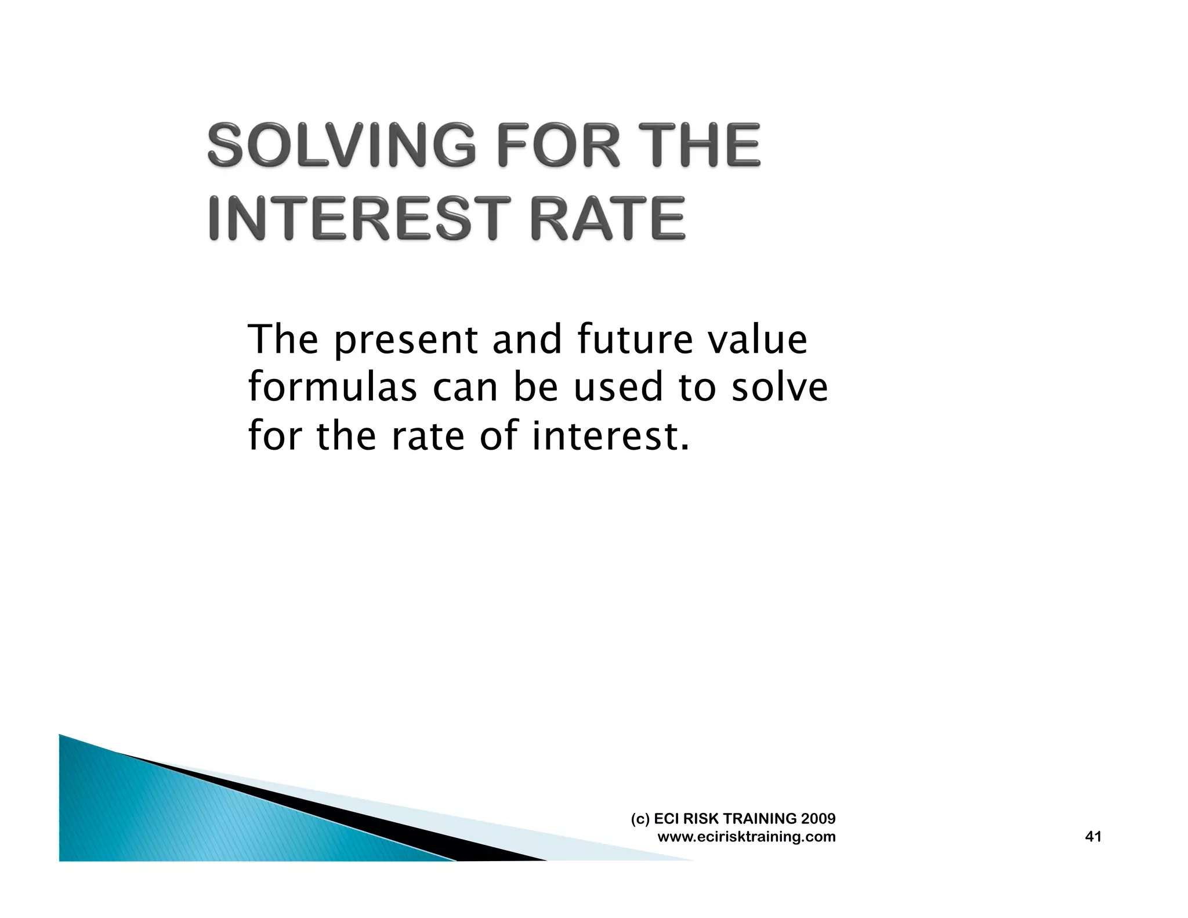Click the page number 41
tap(1093, 836)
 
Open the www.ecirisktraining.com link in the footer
tap(747, 837)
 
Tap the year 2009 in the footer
tap(818, 818)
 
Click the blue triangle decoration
tap(174, 818)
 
